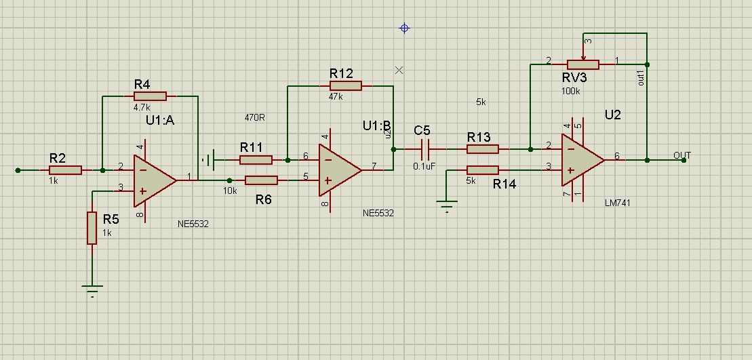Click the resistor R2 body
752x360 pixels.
[65, 170]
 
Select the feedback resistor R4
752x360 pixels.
[150, 96]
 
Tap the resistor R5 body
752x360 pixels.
[92, 228]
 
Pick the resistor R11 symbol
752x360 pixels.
[256, 160]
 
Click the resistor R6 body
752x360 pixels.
[261, 180]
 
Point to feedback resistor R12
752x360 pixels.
[345, 85]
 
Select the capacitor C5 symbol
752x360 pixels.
[425, 148]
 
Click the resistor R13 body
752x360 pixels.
[483, 148]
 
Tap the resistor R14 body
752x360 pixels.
[483, 170]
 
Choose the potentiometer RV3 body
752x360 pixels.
[582, 64]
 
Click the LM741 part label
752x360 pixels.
[619, 203]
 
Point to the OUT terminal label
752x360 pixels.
[682, 155]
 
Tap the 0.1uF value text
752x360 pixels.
[424, 165]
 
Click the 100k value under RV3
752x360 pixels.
[571, 90]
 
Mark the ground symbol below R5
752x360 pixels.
[92, 291]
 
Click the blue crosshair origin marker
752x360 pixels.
[405, 28]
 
